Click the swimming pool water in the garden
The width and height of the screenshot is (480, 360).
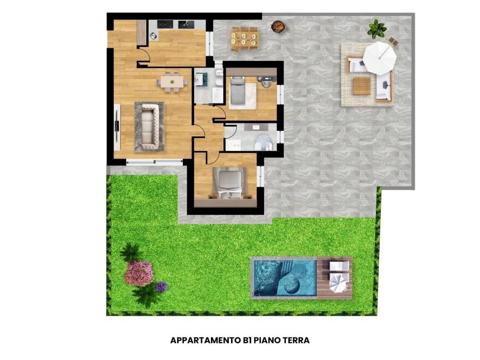tap(284, 278)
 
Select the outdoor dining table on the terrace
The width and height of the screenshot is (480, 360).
tap(244, 38)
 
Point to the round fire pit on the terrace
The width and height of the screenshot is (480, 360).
tap(279, 26)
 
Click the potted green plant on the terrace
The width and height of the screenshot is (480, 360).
tap(376, 29)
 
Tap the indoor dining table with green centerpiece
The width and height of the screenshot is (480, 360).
tap(172, 82)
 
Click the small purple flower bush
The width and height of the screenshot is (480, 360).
tap(161, 287)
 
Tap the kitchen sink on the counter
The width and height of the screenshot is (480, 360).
tap(186, 24)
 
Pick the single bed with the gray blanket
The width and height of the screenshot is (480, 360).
tap(238, 90)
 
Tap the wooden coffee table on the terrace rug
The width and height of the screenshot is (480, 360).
tap(361, 86)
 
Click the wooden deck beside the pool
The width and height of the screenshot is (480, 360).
tap(334, 278)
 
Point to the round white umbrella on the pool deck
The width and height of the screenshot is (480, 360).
tap(338, 283)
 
